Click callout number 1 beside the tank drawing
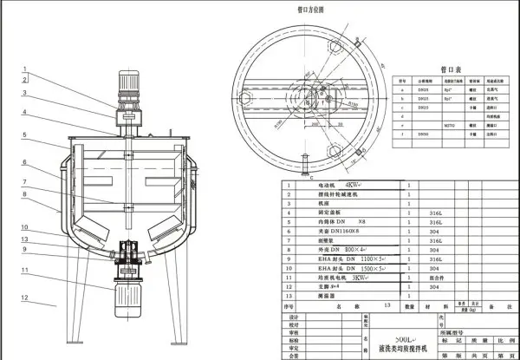coord(25,69)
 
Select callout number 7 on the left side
coord(25,182)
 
